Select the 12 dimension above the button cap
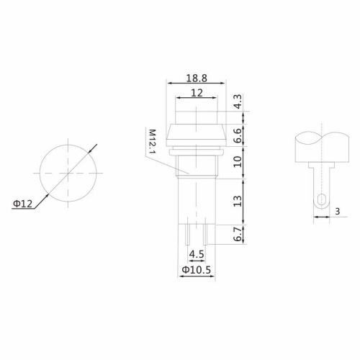[x=197, y=93]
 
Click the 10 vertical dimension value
[x=238, y=161]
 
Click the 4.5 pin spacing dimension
[x=196, y=254]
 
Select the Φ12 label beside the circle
[x=22, y=204]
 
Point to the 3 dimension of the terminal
[x=337, y=211]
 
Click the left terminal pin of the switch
[x=186, y=233]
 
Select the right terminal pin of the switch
[x=206, y=233]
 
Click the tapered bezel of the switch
[x=197, y=134]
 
